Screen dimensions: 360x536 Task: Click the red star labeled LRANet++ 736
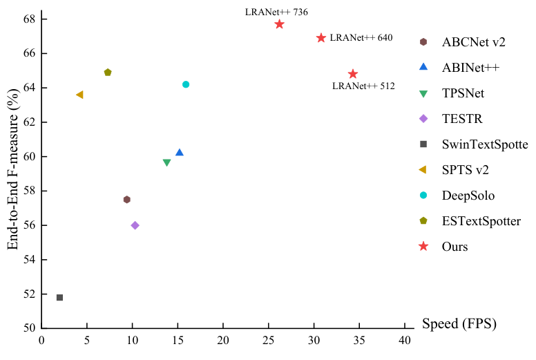point(279,24)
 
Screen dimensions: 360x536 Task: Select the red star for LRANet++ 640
point(321,38)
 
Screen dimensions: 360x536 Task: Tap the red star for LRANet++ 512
point(353,74)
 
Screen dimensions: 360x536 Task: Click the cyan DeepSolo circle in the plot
point(186,84)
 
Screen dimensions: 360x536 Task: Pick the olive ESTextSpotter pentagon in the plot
point(108,73)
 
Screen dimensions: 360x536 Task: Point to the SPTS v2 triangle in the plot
point(79,95)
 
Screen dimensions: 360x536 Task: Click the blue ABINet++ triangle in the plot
point(180,152)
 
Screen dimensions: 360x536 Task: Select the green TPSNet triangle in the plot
point(166,163)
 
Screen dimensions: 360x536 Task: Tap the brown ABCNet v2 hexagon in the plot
point(126,200)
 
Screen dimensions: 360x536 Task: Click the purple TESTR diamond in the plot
point(135,225)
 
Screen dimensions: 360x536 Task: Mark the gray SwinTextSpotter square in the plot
point(59,297)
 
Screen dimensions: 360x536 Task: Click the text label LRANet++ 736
point(276,12)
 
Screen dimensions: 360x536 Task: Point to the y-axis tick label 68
point(28,19)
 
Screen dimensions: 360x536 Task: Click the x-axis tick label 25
point(269,340)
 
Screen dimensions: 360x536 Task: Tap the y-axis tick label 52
point(28,294)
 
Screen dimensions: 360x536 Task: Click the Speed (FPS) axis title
point(459,323)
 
